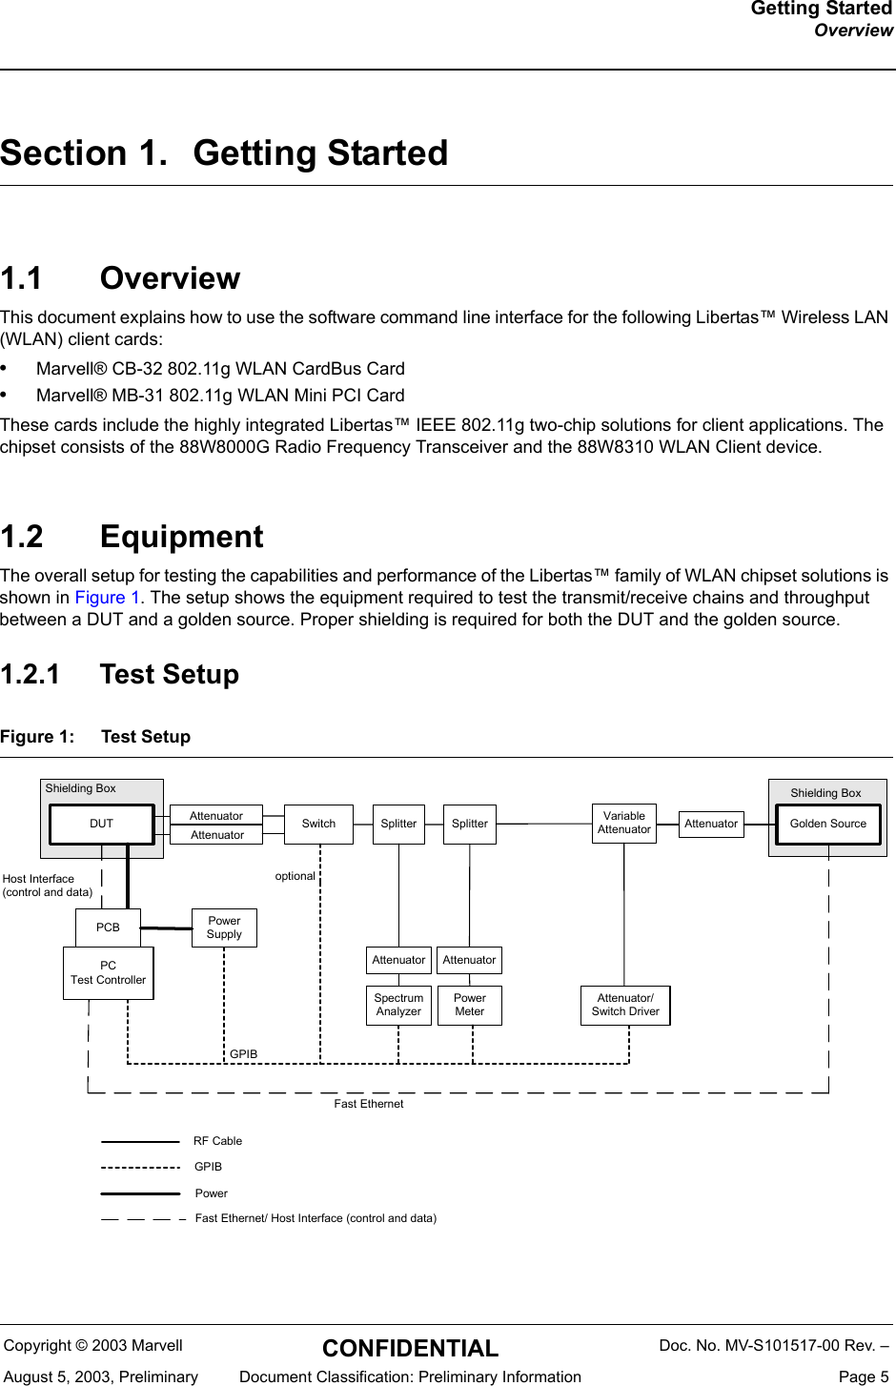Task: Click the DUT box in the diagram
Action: click(101, 824)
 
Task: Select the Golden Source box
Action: click(827, 824)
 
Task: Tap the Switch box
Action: click(318, 824)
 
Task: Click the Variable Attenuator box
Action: click(624, 823)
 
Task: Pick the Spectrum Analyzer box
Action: click(398, 1005)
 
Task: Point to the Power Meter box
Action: click(470, 1005)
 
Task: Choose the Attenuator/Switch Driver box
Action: click(625, 1005)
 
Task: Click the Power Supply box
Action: click(224, 927)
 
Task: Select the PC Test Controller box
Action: click(109, 972)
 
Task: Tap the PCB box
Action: click(108, 927)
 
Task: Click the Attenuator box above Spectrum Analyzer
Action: click(398, 960)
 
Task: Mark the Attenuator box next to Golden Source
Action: click(711, 824)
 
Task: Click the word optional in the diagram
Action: click(295, 876)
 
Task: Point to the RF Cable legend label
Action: click(217, 1141)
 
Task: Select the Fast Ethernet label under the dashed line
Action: click(368, 1104)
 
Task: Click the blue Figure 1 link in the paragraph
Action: click(100, 598)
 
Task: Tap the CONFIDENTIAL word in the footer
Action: click(410, 1348)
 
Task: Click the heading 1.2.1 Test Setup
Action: click(120, 674)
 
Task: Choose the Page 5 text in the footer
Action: click(864, 1376)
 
